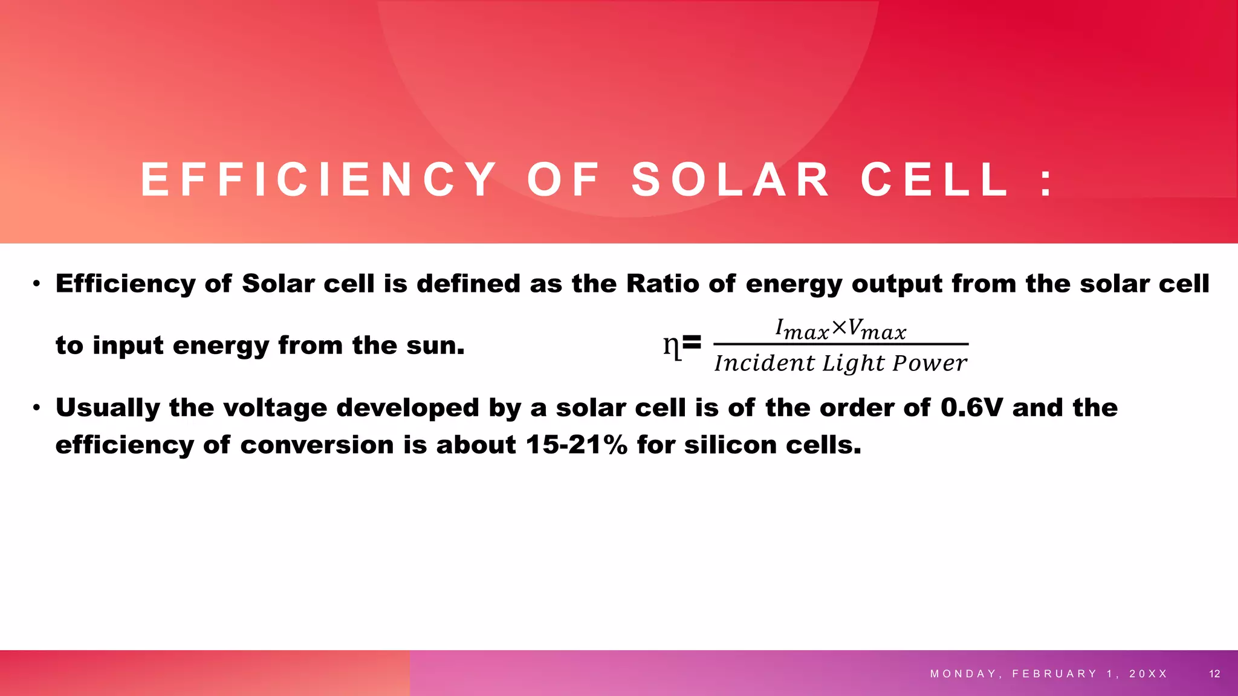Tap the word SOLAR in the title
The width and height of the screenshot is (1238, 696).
[731, 180]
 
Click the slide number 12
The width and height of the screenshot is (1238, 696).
[1214, 674]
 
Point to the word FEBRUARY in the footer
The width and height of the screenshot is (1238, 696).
[1054, 674]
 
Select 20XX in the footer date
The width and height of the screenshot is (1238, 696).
[1148, 674]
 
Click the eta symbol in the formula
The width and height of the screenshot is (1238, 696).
[672, 346]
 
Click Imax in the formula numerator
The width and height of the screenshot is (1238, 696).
[802, 330]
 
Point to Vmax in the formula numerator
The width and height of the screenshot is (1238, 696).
[877, 330]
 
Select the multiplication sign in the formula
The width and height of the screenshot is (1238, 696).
[839, 328]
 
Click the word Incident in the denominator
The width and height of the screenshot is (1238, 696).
[765, 363]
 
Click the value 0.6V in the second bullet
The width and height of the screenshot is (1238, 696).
[971, 408]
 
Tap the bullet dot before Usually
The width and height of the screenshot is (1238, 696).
[37, 409]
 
